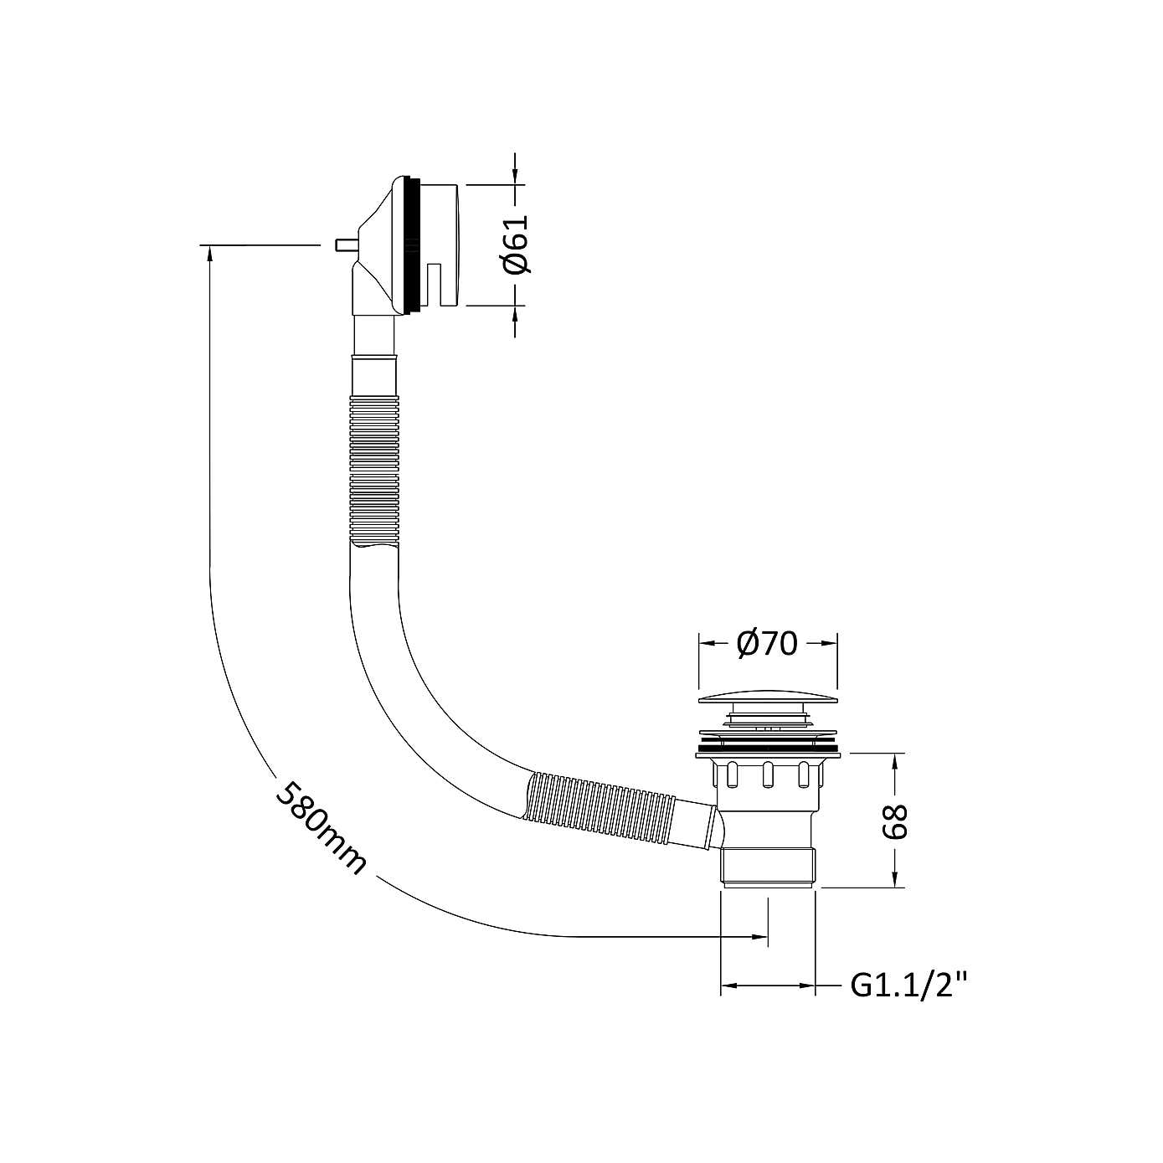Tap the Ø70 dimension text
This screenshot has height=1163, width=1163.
[766, 644]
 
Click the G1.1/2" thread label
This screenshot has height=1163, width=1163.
[904, 985]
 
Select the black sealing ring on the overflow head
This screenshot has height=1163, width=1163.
[411, 245]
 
